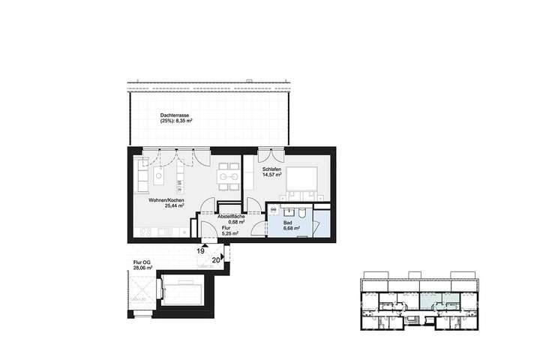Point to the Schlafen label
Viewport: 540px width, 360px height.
(x=272, y=170)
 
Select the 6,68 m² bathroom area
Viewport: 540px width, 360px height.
(x=292, y=229)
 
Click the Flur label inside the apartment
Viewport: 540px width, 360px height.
(x=226, y=227)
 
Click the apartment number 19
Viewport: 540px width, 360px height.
(x=202, y=251)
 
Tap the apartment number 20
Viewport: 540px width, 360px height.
(x=216, y=259)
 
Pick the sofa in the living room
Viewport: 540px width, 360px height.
(x=141, y=179)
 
